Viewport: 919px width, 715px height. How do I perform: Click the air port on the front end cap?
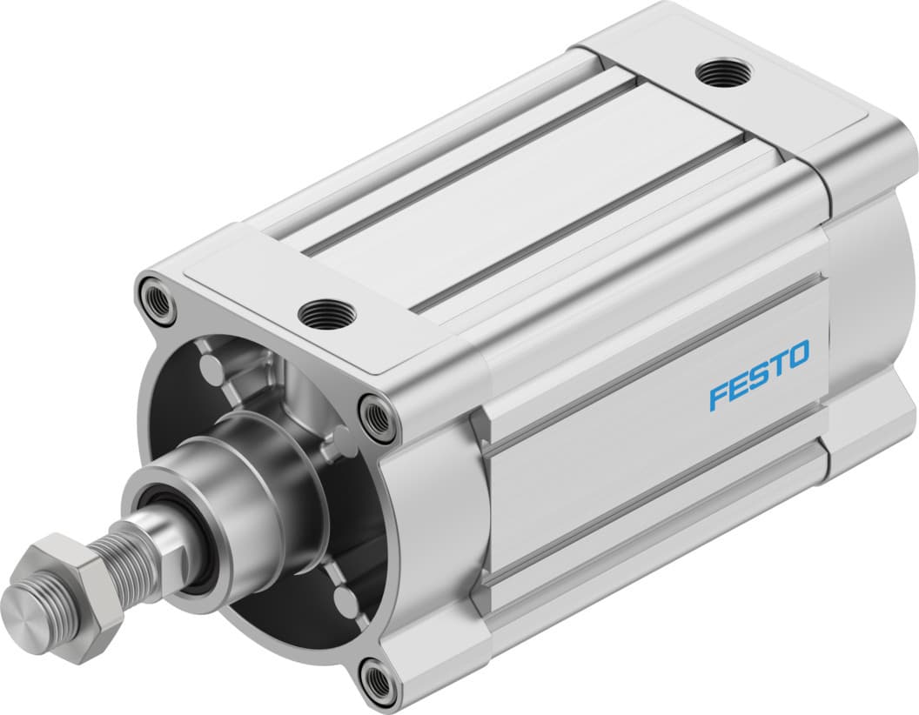point(324,311)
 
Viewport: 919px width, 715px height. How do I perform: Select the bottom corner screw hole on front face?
point(379,684)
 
